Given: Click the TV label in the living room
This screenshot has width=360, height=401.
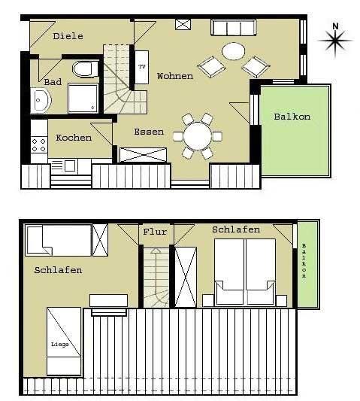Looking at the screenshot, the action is point(142,67).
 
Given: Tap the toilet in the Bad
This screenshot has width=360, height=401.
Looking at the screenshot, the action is point(86,68).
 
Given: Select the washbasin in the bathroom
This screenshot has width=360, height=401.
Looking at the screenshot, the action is point(41,101).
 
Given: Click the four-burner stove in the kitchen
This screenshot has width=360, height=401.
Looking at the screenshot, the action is point(39,145).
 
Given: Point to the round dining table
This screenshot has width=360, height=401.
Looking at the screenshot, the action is point(198,135).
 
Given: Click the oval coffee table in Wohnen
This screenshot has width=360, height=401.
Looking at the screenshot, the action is point(233,51).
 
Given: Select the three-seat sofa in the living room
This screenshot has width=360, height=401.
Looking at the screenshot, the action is point(234,27).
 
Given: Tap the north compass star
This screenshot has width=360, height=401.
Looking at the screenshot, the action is point(335,41).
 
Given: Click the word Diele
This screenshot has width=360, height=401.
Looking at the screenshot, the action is point(68,36).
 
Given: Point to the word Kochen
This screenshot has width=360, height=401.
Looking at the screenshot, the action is point(74,138).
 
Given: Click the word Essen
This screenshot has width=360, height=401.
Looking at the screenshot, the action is point(149,132).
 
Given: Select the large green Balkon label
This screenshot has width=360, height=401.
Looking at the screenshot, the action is point(292,117).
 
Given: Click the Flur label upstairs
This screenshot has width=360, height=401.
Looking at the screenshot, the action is point(155,232).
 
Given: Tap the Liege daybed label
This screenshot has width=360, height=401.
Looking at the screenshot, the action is point(60,345).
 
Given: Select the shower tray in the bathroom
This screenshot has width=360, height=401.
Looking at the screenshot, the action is point(83,98).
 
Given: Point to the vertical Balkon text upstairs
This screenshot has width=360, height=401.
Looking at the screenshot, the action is point(304,261).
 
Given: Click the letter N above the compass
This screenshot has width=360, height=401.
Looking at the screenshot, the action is point(335,26).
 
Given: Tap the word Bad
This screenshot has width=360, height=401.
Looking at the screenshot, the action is point(53,82).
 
